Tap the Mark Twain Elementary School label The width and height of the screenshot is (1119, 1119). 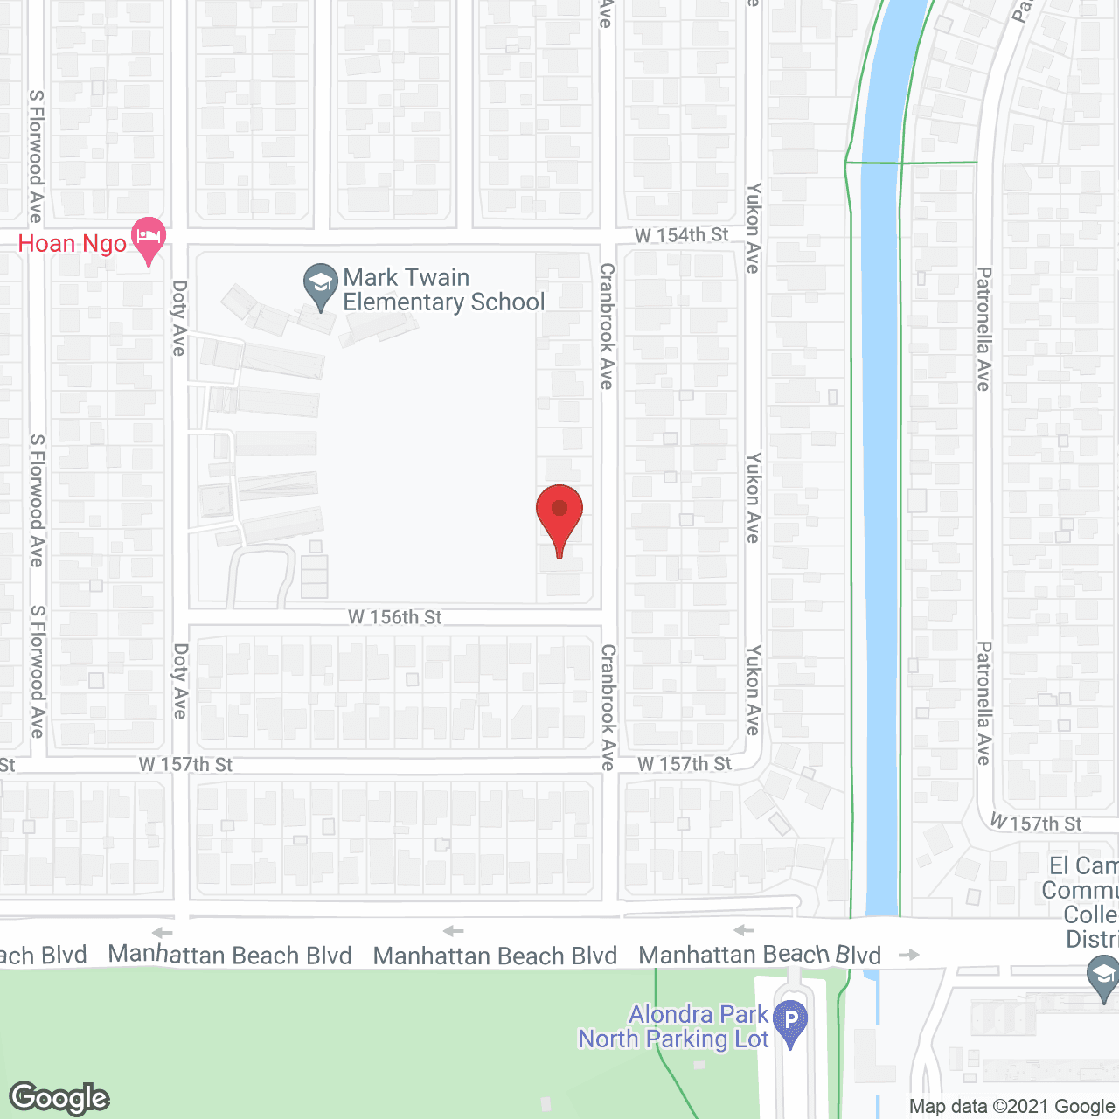[443, 290]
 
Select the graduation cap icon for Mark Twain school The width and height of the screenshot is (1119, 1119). [321, 285]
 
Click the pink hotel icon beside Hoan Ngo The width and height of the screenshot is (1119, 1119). [149, 239]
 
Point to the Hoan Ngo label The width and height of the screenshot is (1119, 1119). [73, 244]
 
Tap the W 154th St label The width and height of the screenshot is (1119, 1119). [681, 235]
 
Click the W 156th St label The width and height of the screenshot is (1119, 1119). [395, 617]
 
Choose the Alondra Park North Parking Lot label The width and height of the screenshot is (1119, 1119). [673, 1027]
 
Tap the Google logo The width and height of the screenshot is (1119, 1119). [59, 1098]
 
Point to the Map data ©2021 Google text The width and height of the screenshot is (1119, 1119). [1011, 1107]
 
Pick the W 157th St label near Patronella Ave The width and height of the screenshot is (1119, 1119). [1036, 823]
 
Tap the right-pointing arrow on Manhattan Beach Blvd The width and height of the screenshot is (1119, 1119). [909, 955]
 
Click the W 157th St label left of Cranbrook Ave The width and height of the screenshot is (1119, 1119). [185, 765]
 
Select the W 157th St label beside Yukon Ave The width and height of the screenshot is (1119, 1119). [685, 764]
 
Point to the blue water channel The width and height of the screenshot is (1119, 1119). [880, 525]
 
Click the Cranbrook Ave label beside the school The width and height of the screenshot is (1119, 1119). [607, 325]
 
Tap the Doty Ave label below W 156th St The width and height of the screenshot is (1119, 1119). [180, 681]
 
